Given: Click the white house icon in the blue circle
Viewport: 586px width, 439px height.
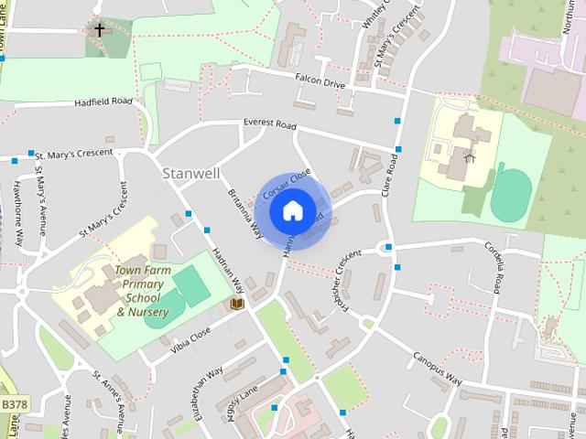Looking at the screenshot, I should coord(292,210).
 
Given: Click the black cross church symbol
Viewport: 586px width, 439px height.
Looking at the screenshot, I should coord(99,30).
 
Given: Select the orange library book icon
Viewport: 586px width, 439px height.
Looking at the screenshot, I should coord(237,303).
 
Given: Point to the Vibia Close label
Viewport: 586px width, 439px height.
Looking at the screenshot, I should coord(190,339).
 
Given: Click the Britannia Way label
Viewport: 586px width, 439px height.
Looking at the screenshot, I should coord(239,188).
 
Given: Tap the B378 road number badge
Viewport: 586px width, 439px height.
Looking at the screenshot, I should coord(15,402).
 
